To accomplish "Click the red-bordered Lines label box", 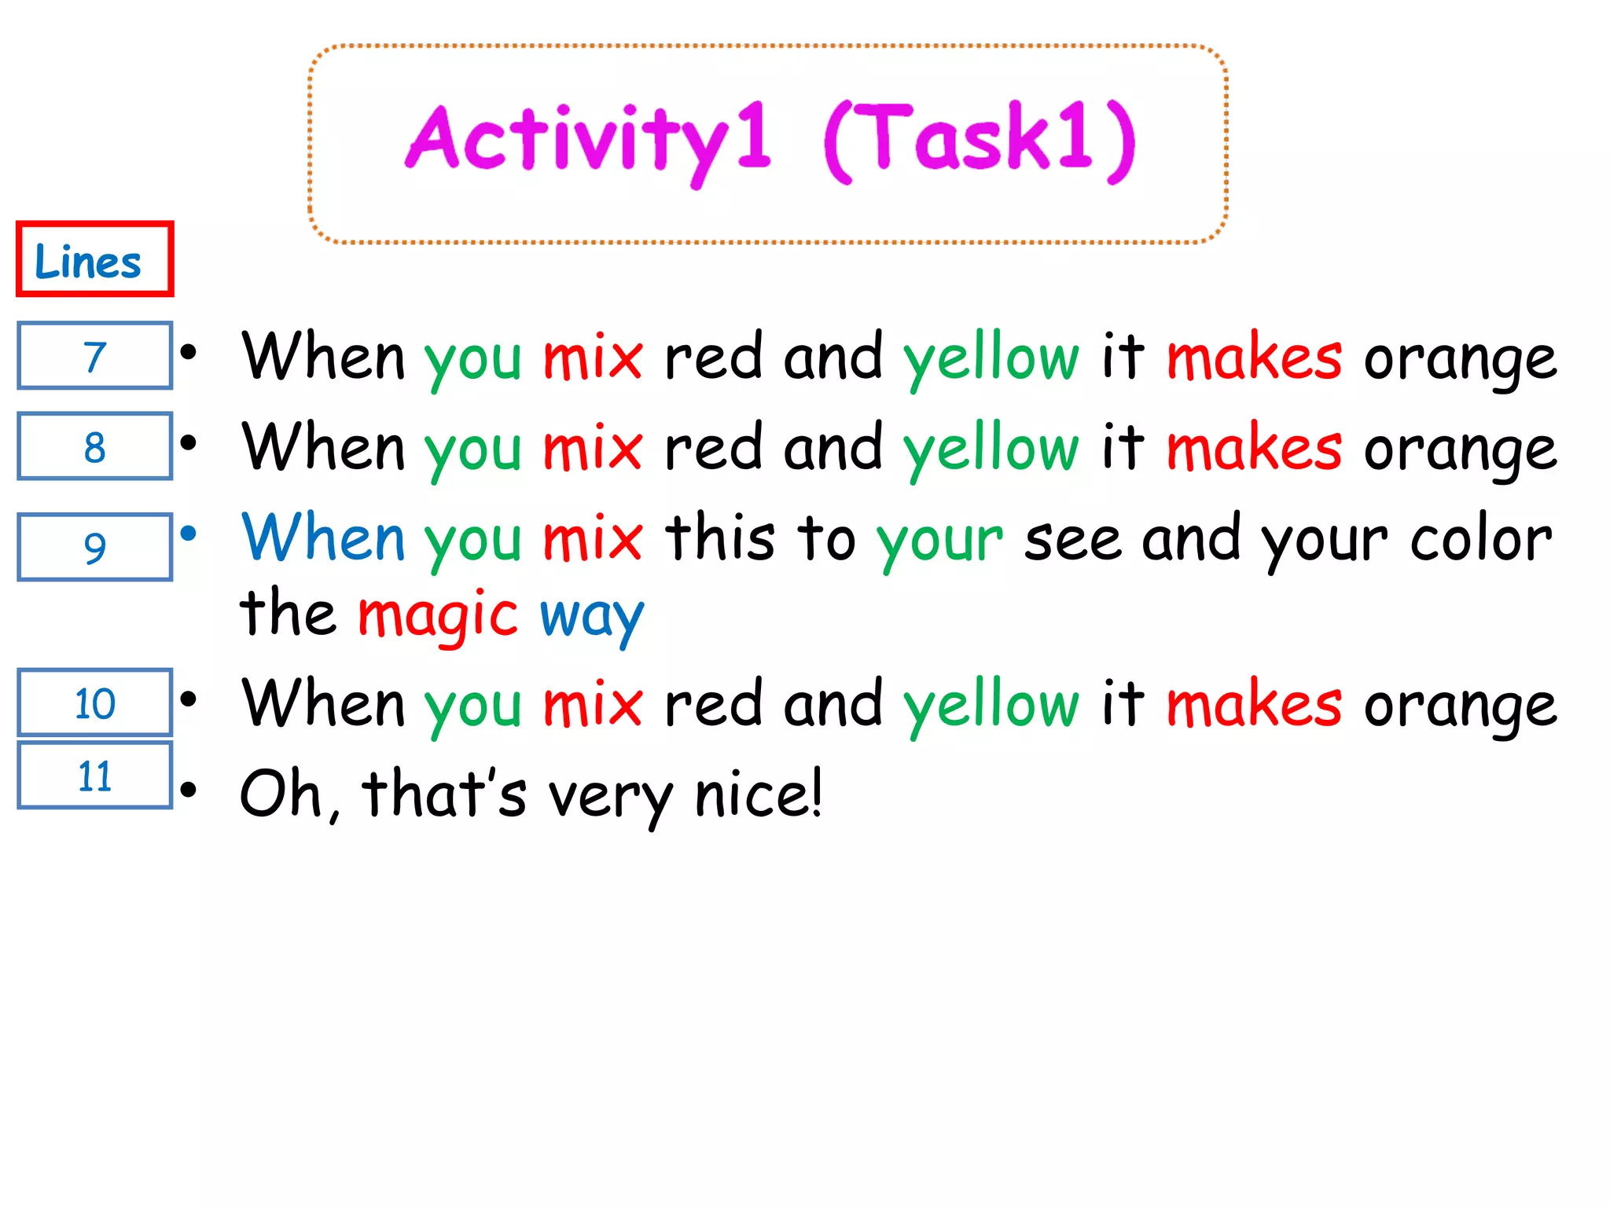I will click(x=94, y=259).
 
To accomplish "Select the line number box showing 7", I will click(x=94, y=356).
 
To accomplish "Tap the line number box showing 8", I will click(x=94, y=446).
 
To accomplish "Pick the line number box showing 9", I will click(x=94, y=547).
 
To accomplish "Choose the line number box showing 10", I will click(x=94, y=703).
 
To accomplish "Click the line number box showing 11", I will click(x=94, y=776).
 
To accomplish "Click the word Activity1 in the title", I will click(x=588, y=140).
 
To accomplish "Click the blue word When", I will click(x=323, y=537).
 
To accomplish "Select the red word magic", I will click(x=438, y=616).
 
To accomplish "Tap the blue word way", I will click(x=591, y=618).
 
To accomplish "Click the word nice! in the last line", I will click(x=759, y=794).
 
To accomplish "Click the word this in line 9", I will click(x=720, y=537).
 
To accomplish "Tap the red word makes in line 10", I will click(x=1254, y=704).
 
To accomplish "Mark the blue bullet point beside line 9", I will click(x=189, y=534).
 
